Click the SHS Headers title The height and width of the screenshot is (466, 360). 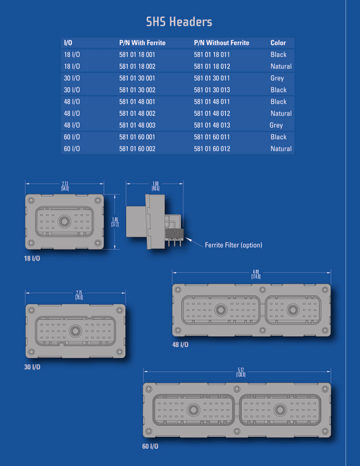coord(179,22)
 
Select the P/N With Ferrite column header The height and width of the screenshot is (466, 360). coord(142,43)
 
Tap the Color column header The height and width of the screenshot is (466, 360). coord(278,43)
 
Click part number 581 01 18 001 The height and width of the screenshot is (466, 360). coord(137,55)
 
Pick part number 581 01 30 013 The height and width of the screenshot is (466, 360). coord(212,90)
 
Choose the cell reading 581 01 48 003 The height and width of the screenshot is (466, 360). coord(137,125)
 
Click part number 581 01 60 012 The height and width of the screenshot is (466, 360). coord(212,149)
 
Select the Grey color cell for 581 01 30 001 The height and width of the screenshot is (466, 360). coord(277,78)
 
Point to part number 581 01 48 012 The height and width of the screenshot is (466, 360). coord(212,114)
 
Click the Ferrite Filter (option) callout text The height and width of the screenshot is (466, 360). coord(233,245)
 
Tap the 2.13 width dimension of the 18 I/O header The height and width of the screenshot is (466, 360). coord(65,186)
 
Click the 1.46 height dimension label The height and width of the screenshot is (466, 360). coord(115,222)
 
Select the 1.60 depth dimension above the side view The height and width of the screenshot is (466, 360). coord(155,186)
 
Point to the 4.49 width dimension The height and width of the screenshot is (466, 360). coord(256,275)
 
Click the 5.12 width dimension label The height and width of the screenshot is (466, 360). coord(241,372)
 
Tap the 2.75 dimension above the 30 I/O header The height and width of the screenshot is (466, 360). coord(79,295)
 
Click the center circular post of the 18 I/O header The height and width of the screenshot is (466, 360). coord(64,222)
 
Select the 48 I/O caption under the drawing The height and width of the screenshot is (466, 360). coord(180,345)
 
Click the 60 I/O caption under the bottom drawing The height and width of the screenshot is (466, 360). coord(150,447)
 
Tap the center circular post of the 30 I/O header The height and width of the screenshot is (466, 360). coord(75,331)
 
